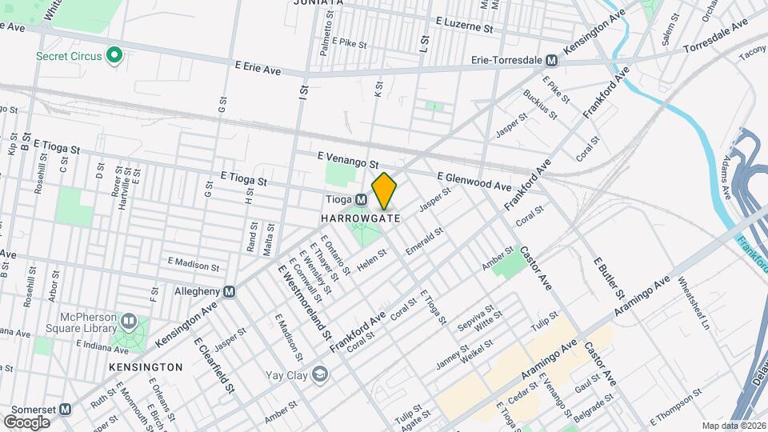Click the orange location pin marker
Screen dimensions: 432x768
384,190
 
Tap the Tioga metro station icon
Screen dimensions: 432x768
362,200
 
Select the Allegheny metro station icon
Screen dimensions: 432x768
230,292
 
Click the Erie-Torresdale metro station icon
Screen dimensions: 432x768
551,60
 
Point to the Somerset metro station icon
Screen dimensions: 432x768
66,409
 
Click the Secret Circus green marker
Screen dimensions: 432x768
114,56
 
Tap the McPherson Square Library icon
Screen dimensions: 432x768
129,322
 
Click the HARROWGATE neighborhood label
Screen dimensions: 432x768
359,218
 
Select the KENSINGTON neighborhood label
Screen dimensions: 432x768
146,366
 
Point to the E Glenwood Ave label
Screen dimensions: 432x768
474,181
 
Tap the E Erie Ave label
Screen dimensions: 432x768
258,70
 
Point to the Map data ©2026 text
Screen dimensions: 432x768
733,426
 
